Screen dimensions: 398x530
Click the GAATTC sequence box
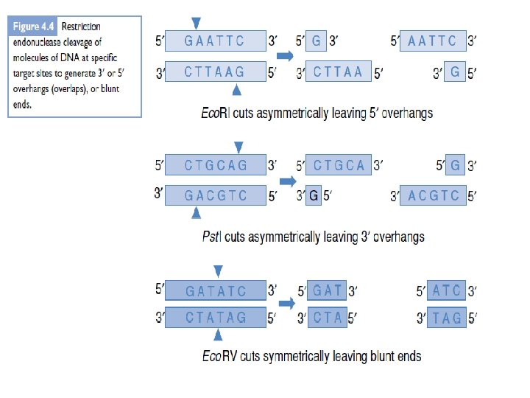point(215,41)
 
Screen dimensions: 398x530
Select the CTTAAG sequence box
point(215,71)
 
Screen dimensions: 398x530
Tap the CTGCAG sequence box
point(215,165)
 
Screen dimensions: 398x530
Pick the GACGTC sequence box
point(215,195)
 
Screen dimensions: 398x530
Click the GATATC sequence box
point(215,290)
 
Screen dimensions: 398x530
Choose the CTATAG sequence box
point(215,318)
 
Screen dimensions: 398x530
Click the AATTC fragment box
point(432,41)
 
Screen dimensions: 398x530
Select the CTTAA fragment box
point(338,71)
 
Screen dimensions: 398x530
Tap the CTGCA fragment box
point(338,165)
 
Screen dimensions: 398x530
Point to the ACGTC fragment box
point(434,195)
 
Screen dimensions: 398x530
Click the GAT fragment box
point(328,290)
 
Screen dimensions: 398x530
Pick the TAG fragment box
point(447,318)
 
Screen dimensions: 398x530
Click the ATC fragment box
point(447,290)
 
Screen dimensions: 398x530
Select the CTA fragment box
point(328,318)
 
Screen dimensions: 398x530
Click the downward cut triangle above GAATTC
point(195,23)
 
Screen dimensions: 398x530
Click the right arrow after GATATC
point(286,302)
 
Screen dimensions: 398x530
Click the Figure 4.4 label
point(35,26)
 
